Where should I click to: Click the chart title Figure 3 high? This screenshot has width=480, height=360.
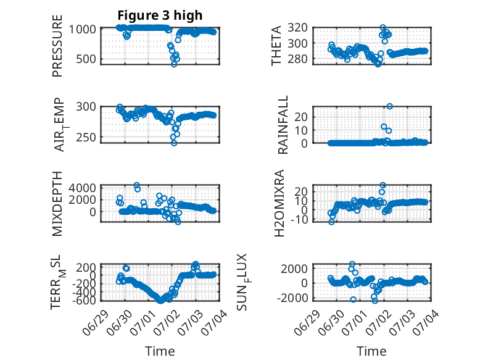click(160, 15)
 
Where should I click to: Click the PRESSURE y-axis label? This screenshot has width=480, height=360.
click(57, 46)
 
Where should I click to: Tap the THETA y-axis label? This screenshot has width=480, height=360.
click(276, 46)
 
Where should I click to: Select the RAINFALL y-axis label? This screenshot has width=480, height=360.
click(283, 124)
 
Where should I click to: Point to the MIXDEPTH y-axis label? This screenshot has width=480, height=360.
click(57, 203)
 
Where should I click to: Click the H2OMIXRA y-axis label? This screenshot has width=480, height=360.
click(279, 203)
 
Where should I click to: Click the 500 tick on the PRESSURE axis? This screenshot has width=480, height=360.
click(86, 59)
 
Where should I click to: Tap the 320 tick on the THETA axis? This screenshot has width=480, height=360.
click(297, 28)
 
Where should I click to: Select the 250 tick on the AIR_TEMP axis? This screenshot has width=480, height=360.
click(86, 138)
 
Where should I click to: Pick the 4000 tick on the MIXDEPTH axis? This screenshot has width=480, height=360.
click(82, 188)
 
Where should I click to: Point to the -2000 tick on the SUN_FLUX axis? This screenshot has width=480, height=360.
click(292, 298)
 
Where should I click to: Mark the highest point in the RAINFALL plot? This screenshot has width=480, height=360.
click(389, 106)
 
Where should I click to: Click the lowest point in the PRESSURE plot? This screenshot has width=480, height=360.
click(174, 64)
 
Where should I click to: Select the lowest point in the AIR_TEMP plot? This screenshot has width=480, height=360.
click(174, 143)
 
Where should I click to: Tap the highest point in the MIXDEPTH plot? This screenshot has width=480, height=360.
click(136, 185)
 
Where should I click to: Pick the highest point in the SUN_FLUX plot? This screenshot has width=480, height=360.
click(352, 264)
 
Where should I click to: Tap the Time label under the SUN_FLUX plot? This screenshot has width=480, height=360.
click(371, 351)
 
